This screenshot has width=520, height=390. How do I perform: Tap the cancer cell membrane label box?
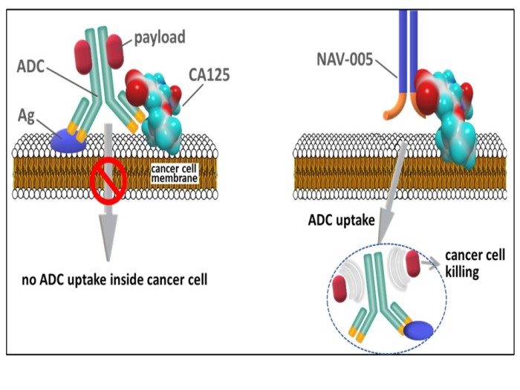175,172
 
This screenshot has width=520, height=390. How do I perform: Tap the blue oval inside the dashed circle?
420,328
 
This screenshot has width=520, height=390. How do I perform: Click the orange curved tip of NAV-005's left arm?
391,111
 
